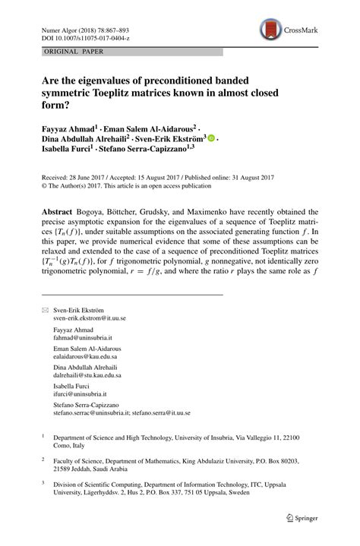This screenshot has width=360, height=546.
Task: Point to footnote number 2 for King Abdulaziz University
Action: click(x=43, y=459)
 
